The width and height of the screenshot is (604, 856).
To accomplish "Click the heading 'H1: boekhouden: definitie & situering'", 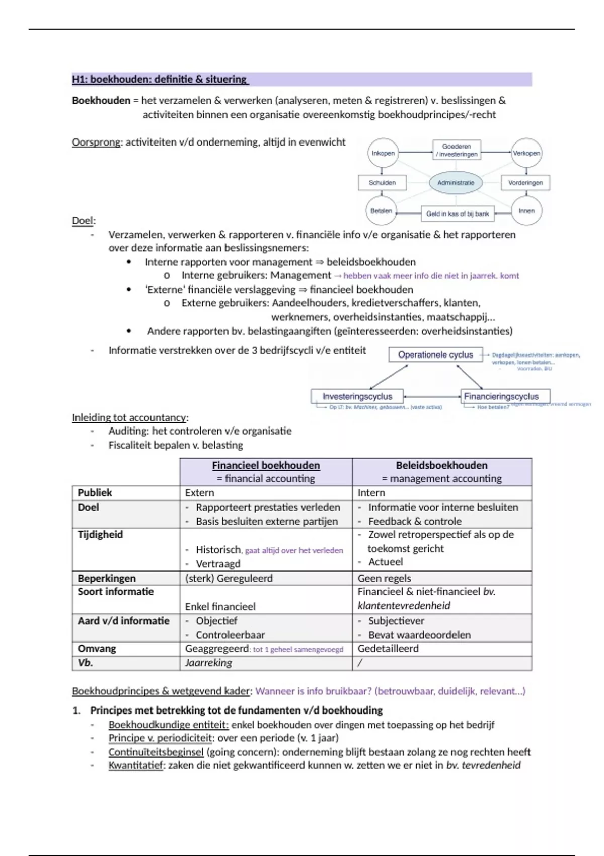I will tap(160, 79).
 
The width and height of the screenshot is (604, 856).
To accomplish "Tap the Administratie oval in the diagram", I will tap(456, 183).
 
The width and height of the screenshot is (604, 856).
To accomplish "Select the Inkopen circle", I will tap(383, 153).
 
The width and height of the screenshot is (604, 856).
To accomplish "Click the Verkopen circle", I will tap(526, 153).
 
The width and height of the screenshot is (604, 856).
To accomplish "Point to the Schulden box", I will tap(382, 183).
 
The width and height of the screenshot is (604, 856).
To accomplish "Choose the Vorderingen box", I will tap(525, 183).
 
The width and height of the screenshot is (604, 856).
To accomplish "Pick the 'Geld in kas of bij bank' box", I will tap(458, 213).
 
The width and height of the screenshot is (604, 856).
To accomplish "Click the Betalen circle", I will tap(381, 211).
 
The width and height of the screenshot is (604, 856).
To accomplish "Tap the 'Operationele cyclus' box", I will tap(435, 354).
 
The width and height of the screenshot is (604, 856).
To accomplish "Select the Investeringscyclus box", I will tap(357, 396).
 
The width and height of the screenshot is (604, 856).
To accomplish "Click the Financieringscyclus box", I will tap(504, 396).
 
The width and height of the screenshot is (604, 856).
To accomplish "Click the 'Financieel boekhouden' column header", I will tap(266, 466).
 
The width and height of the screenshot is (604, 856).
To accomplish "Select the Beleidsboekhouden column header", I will tap(441, 466).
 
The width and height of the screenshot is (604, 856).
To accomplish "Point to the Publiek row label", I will tap(95, 493).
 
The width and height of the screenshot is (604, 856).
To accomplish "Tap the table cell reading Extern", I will tap(199, 493).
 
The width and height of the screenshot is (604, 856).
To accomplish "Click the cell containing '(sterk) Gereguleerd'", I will tap(229, 578).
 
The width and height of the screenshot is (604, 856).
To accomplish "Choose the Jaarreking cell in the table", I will tap(208, 663).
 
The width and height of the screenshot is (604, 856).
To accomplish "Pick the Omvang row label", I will tap(97, 649).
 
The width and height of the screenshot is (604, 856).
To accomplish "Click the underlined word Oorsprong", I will tap(96, 142).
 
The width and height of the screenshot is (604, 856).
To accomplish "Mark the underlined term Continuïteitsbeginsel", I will tap(156, 752).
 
